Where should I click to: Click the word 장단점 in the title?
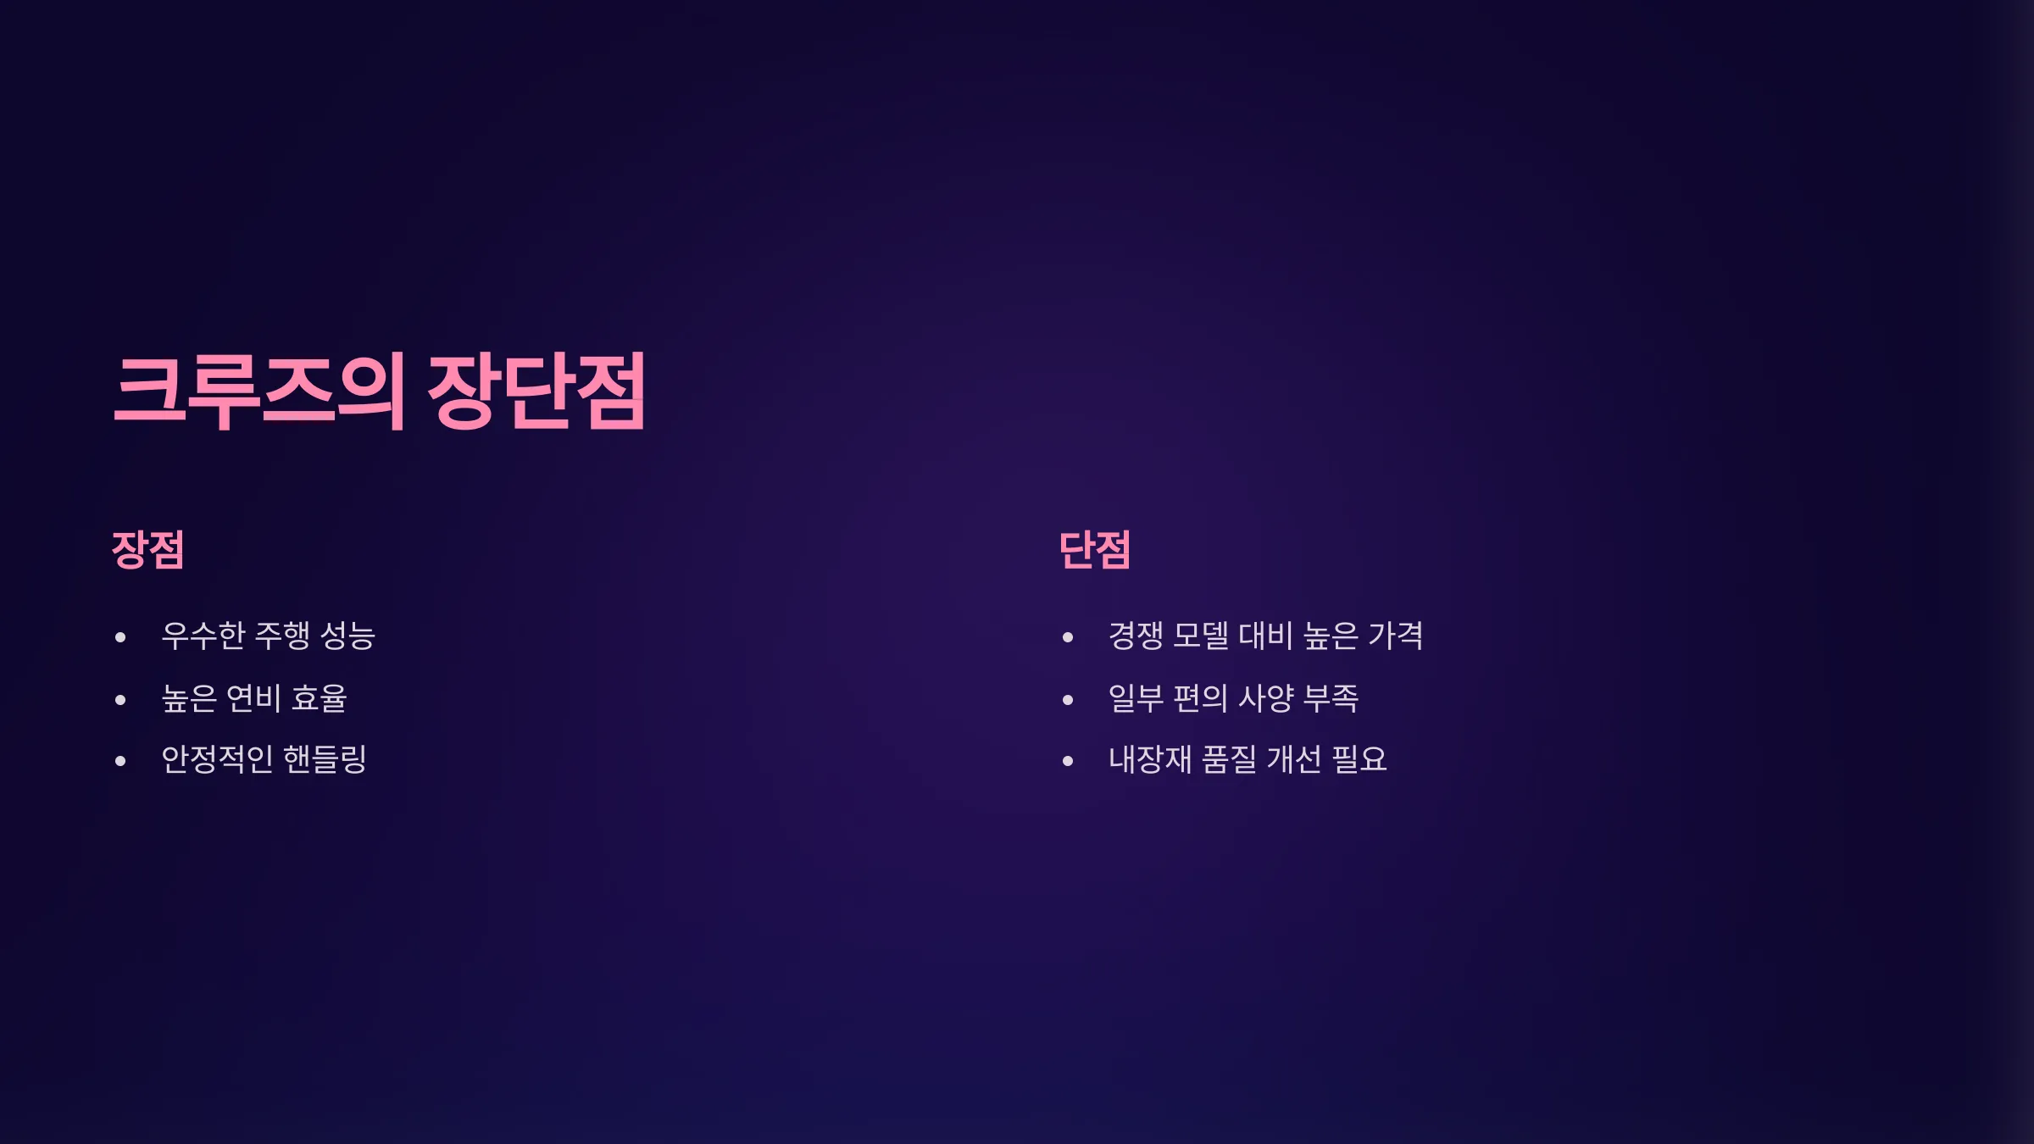(x=537, y=392)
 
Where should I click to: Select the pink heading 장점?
(x=148, y=550)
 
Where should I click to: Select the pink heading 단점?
(x=1095, y=550)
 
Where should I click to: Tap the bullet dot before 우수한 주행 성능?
(x=120, y=637)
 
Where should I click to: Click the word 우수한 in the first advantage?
(x=203, y=636)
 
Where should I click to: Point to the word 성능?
(x=348, y=636)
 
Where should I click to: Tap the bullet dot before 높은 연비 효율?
(x=120, y=700)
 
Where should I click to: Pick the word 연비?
(x=253, y=698)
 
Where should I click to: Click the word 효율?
(x=320, y=698)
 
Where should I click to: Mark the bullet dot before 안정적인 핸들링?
(x=120, y=761)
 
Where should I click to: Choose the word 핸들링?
(x=325, y=759)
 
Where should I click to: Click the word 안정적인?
(x=217, y=759)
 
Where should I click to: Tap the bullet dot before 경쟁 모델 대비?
(x=1068, y=637)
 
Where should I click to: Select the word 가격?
(x=1396, y=636)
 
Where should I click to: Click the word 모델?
(x=1201, y=636)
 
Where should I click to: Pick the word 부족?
(x=1331, y=698)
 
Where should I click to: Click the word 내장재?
(x=1150, y=759)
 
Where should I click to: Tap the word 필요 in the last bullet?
(x=1359, y=759)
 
